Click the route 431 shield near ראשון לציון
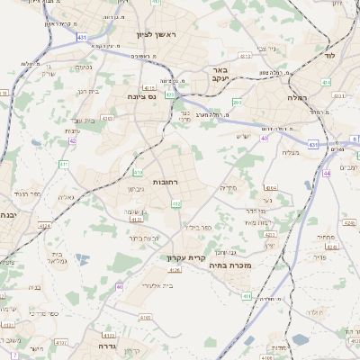[82, 37]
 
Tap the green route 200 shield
[237, 102]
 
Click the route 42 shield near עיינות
[72, 140]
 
